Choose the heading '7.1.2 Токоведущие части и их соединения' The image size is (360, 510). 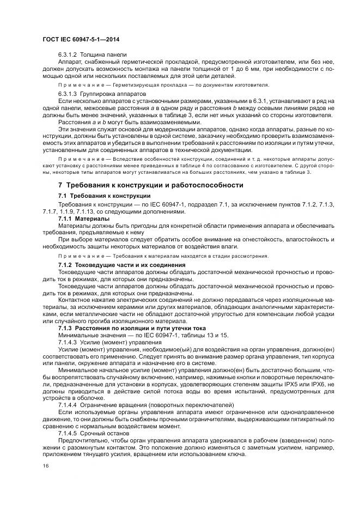click(x=122, y=265)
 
